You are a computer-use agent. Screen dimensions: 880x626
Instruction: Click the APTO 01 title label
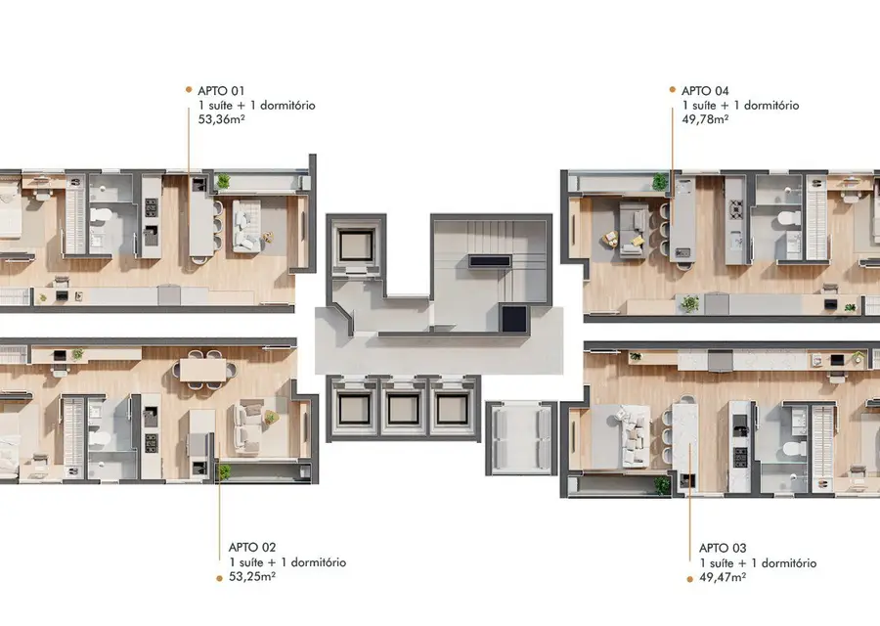point(221,91)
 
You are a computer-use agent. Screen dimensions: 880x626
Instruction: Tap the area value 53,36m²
point(221,119)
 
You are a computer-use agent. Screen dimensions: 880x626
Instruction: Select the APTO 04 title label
point(705,91)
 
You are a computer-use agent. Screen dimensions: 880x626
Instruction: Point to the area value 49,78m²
point(705,119)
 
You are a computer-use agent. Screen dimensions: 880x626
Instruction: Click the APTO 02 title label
point(252,548)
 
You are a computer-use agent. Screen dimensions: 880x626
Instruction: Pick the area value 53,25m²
point(252,576)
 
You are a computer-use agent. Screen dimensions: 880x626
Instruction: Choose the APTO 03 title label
point(723,549)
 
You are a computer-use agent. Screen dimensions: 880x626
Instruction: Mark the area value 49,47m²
point(723,577)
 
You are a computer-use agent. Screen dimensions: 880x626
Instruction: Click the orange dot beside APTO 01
point(189,89)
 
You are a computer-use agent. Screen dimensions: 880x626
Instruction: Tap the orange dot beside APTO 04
point(673,89)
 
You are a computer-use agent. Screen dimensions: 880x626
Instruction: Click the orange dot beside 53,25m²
point(219,578)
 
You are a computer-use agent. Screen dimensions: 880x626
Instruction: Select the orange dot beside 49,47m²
point(689,579)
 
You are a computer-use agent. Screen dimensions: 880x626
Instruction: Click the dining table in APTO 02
point(203,370)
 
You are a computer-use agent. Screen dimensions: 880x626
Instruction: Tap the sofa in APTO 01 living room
point(246,226)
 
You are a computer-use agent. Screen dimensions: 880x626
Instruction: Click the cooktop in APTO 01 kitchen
point(152,207)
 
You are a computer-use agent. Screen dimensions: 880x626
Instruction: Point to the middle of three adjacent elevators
point(404,409)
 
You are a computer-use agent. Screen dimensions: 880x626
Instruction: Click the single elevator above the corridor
point(356,246)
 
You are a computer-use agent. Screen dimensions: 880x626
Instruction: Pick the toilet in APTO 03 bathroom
point(792,449)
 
